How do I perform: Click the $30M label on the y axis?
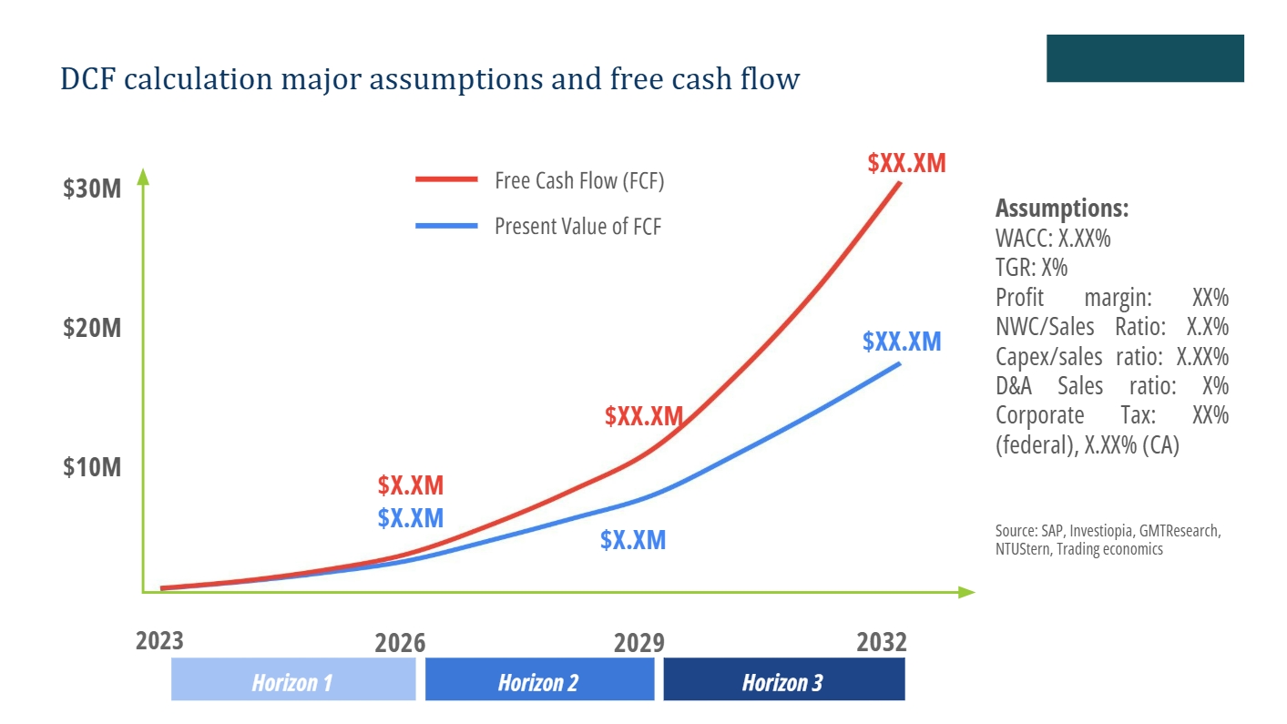(92, 189)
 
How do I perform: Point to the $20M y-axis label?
(92, 328)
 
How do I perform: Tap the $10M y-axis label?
(92, 467)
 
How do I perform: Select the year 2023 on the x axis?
(159, 640)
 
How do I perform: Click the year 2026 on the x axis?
(400, 643)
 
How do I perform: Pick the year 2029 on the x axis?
(638, 643)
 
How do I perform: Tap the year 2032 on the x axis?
(882, 642)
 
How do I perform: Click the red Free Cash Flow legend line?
(446, 180)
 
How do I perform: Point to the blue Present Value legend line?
(446, 226)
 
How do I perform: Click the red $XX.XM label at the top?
(906, 164)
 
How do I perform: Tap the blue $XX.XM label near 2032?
(902, 342)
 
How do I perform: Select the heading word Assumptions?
(1062, 209)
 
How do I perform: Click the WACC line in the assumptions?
(1053, 240)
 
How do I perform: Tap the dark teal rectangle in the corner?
(1145, 58)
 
